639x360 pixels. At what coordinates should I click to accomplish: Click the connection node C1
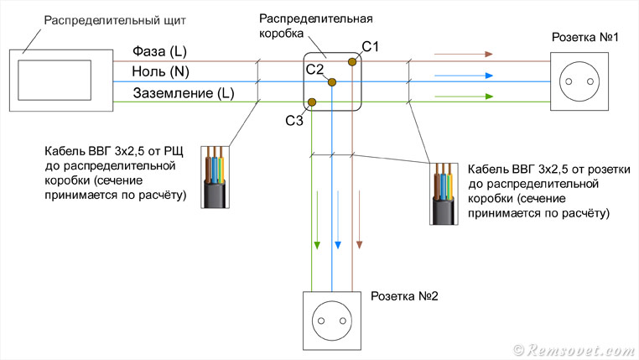coord(353,61)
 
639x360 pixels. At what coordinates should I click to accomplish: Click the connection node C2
coord(332,81)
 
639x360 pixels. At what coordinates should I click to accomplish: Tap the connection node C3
coord(312,102)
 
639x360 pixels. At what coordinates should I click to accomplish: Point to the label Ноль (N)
coord(162,72)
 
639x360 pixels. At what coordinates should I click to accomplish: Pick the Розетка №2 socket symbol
coord(333,321)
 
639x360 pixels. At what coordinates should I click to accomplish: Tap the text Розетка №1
coord(584,38)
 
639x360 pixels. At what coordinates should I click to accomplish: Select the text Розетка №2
coord(403,297)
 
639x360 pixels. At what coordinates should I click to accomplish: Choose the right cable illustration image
coord(444,193)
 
